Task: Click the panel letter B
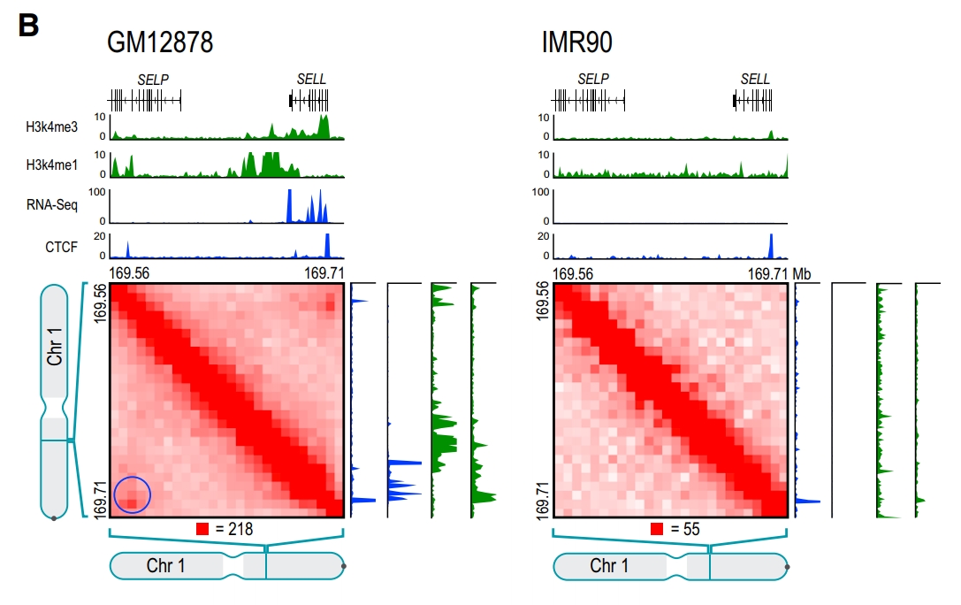pos(28,26)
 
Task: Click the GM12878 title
pos(160,42)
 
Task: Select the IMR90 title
pos(578,42)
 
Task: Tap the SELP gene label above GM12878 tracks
pos(153,80)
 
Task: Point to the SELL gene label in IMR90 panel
pos(755,80)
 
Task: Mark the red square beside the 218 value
pos(202,530)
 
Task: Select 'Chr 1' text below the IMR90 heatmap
pos(609,566)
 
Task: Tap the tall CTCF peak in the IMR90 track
pos(771,245)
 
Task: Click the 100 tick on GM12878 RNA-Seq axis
pos(97,191)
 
